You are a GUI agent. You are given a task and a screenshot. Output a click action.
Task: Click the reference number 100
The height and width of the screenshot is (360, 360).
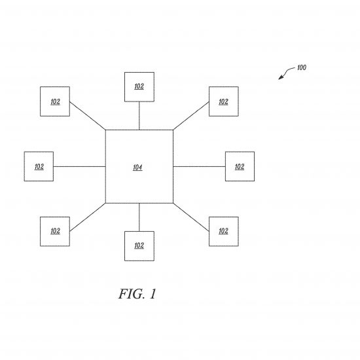[x=302, y=67]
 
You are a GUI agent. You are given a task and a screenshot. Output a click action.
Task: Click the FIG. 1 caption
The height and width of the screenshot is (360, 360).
[x=137, y=294]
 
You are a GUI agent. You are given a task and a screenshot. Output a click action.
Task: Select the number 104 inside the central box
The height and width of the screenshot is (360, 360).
[x=137, y=168]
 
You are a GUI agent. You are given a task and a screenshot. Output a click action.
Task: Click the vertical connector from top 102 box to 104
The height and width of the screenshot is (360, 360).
[x=139, y=116]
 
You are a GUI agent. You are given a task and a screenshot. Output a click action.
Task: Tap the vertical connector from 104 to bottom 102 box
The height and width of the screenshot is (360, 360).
[x=139, y=217]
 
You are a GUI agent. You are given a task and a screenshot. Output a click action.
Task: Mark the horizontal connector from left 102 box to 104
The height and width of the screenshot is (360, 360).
[x=79, y=166]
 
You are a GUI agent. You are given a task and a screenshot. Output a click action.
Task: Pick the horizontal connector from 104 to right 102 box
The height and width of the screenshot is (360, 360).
[x=199, y=166]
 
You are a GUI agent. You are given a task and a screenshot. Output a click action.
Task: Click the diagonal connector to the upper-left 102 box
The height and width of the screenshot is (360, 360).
[x=88, y=116]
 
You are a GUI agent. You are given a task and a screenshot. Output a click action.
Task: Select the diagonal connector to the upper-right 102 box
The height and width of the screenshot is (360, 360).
[x=191, y=116]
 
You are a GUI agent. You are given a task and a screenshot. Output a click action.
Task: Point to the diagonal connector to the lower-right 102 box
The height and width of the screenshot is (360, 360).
[x=191, y=217]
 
